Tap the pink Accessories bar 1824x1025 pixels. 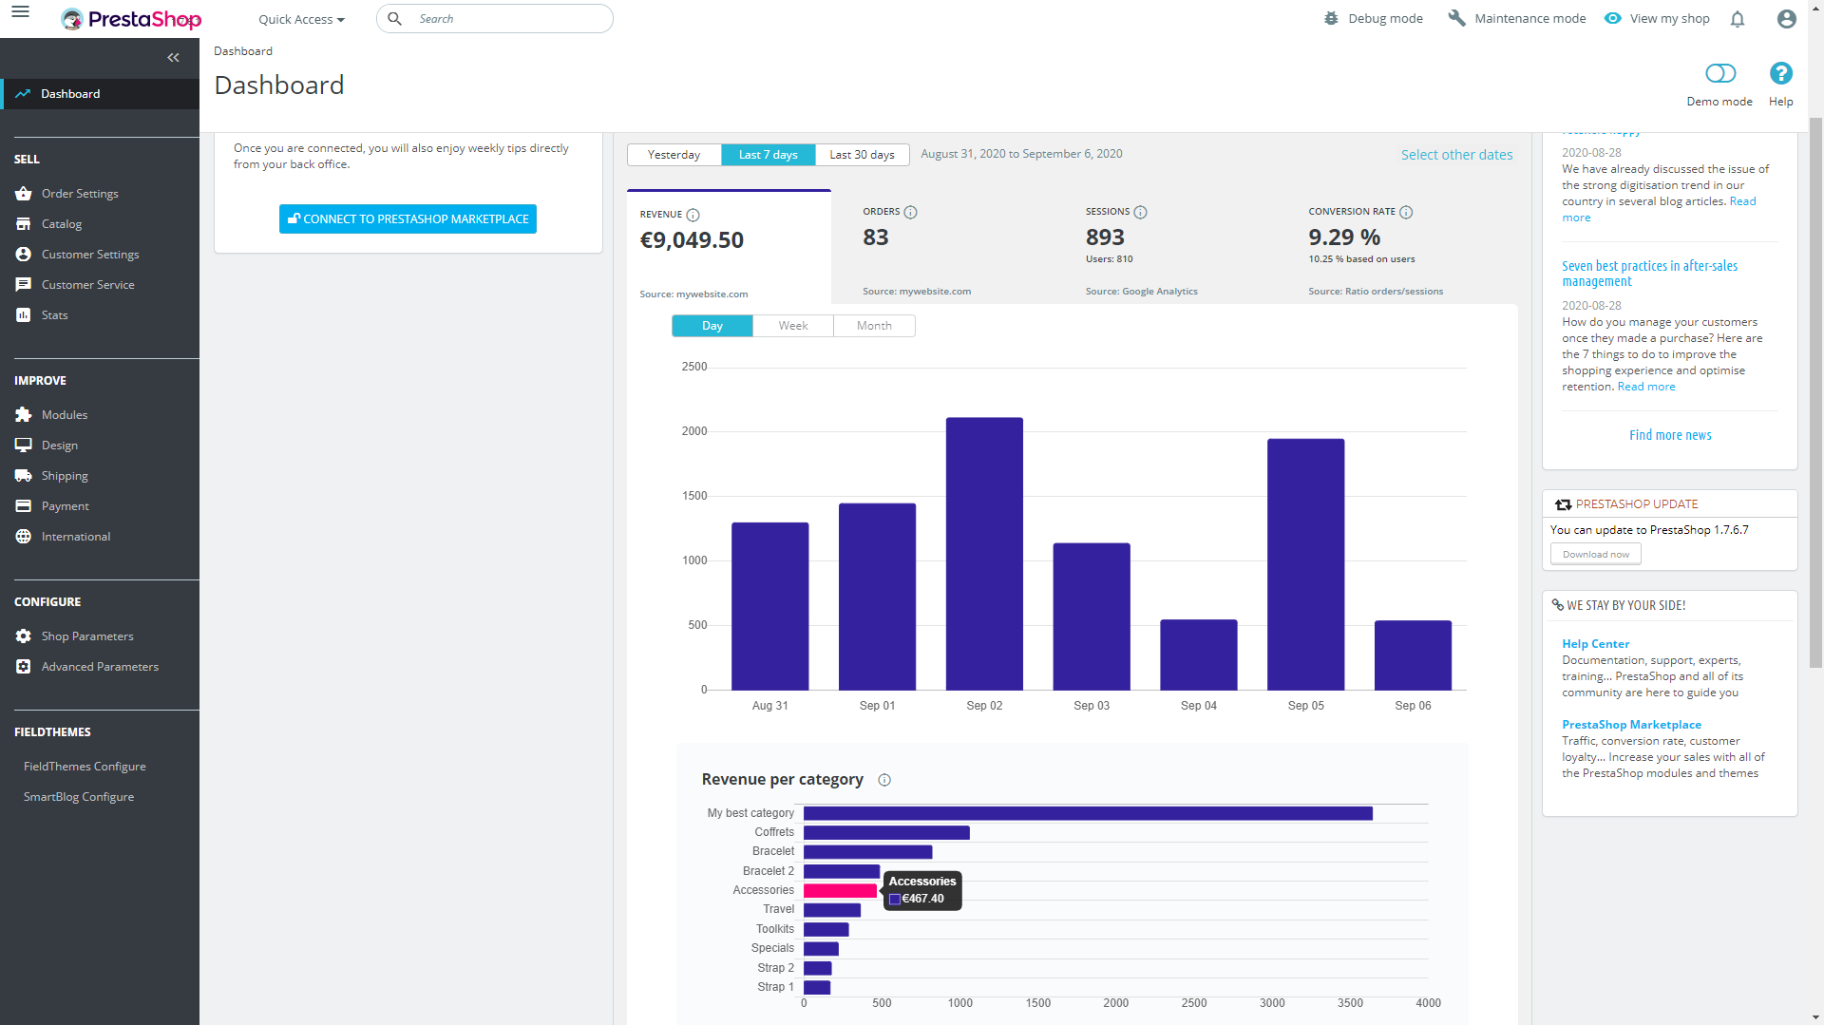pos(840,890)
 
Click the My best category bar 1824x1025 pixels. pos(1088,813)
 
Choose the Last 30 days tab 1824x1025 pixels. pos(862,155)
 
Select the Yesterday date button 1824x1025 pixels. pos(674,155)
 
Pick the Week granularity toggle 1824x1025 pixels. pos(793,326)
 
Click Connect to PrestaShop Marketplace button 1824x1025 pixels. pos(408,218)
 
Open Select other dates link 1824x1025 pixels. pos(1456,155)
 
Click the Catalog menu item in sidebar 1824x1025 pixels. pos(62,224)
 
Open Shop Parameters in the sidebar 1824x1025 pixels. pos(87,636)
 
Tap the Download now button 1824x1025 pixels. pos(1595,555)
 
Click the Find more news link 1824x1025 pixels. pos(1670,435)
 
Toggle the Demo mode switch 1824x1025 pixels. pos(1720,74)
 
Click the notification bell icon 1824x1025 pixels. pos(1738,19)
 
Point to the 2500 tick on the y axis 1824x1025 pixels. pos(694,367)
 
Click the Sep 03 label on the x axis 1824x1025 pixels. pos(1092,706)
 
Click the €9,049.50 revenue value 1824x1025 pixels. pos(692,240)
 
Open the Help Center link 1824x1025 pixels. pos(1595,644)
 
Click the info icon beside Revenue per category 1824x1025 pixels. pos(884,780)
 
